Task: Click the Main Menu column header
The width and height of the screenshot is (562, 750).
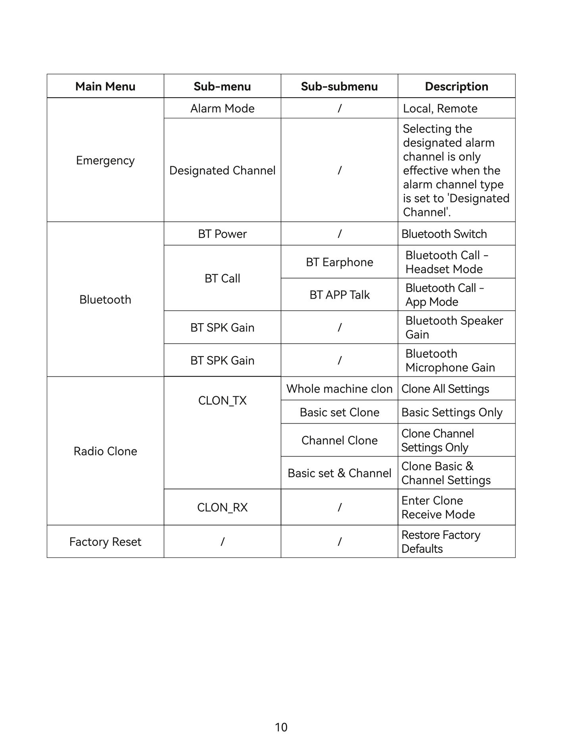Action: tap(105, 86)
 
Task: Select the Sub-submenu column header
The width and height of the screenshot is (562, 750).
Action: tap(339, 86)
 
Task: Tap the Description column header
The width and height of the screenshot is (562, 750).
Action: tap(457, 86)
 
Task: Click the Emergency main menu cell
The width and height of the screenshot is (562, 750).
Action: tap(105, 160)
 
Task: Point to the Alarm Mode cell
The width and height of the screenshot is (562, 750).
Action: tap(222, 108)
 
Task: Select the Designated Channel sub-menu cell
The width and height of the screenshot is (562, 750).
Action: tap(222, 170)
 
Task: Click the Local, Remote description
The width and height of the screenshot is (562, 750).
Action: tap(440, 108)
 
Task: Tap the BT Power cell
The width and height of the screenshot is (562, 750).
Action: tap(222, 234)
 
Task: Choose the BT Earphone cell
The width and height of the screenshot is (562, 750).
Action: tap(339, 262)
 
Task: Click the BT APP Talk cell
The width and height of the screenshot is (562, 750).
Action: tap(339, 295)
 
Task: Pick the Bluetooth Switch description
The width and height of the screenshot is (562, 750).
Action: tap(444, 234)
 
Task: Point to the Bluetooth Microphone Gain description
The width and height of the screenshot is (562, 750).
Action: tap(450, 361)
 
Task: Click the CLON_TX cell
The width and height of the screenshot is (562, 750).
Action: tap(222, 401)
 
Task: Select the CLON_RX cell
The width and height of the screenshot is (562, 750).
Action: tap(222, 507)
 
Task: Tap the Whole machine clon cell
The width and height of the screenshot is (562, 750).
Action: tap(339, 389)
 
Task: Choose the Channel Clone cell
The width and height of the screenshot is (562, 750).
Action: tap(339, 440)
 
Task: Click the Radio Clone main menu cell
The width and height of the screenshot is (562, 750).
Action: tap(105, 451)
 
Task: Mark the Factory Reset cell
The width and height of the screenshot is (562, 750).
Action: tap(105, 542)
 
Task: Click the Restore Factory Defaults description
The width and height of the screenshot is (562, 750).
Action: tap(441, 542)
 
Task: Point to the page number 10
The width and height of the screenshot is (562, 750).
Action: tap(281, 727)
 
